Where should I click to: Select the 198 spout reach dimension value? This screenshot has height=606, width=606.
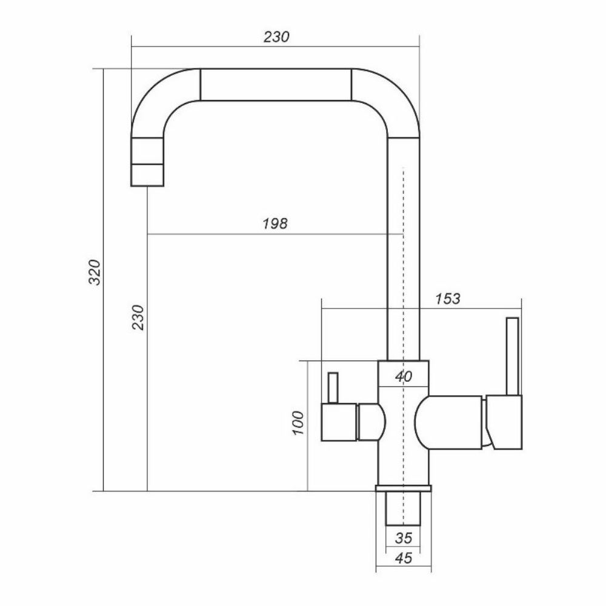click(x=275, y=223)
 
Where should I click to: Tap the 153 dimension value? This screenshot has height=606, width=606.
click(x=448, y=298)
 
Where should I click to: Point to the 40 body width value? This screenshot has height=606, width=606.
click(x=403, y=376)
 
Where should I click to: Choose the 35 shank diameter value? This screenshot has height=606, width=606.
click(x=403, y=537)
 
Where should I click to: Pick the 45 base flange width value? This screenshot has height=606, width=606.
click(x=403, y=559)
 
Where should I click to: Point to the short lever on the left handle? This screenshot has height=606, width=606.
click(x=331, y=388)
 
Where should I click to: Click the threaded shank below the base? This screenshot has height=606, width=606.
click(x=403, y=508)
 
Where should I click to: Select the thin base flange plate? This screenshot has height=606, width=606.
click(x=403, y=488)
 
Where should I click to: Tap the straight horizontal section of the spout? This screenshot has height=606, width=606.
click(x=275, y=84)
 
